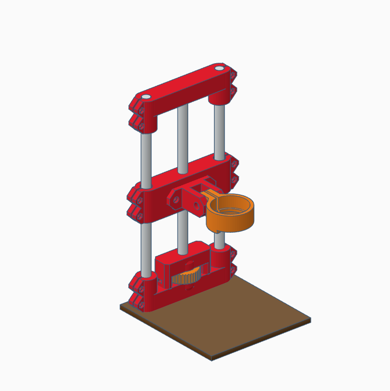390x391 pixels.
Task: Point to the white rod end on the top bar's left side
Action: click(x=146, y=97)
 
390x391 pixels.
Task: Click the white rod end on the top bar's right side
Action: click(x=219, y=68)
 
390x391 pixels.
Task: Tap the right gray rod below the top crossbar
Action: click(x=219, y=131)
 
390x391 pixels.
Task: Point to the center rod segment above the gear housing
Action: click(x=182, y=232)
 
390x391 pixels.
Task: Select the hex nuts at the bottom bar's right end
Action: click(x=233, y=262)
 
